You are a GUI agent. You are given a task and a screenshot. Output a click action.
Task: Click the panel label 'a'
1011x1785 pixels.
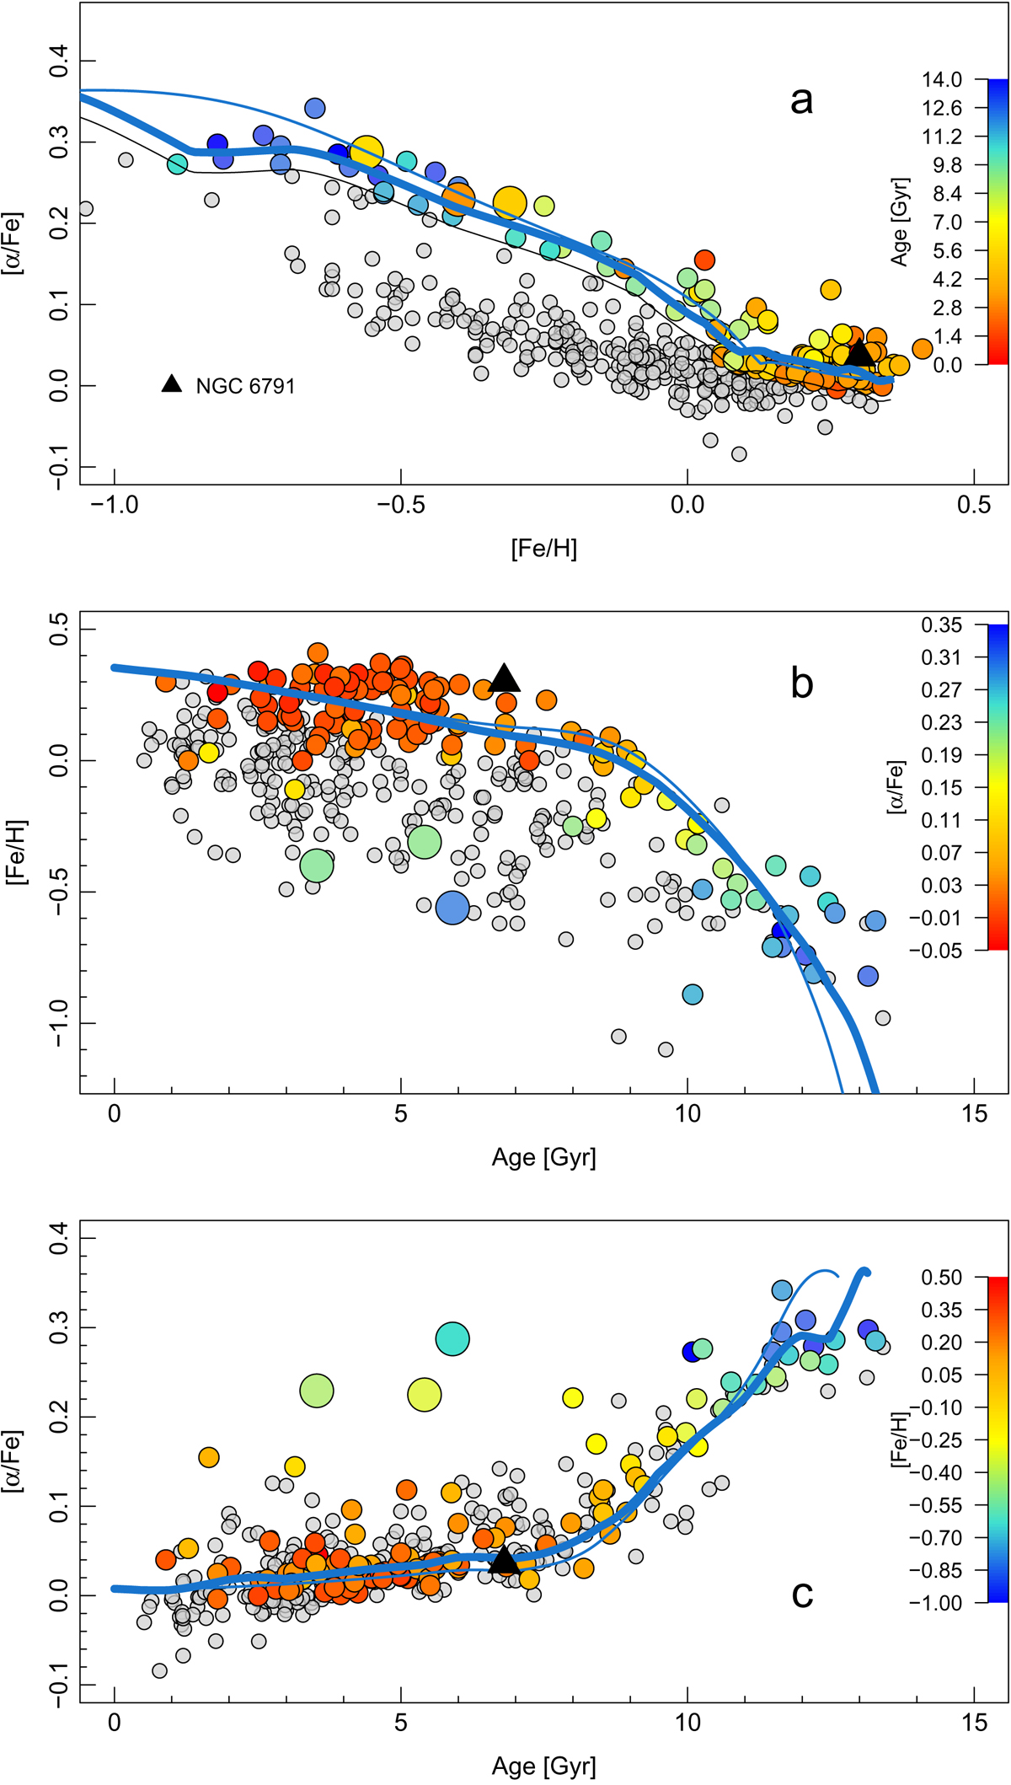tap(801, 100)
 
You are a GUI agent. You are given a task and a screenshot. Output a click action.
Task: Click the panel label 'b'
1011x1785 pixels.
tap(801, 683)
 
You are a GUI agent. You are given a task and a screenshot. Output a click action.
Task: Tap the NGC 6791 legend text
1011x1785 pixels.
tap(245, 387)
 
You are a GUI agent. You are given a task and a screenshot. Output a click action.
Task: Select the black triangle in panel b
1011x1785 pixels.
tap(504, 678)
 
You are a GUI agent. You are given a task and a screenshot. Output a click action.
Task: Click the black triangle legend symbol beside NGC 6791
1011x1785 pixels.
tap(172, 384)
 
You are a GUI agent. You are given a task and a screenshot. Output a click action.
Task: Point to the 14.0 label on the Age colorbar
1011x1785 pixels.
tap(941, 80)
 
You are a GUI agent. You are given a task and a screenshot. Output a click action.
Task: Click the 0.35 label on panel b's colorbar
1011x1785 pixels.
tap(941, 625)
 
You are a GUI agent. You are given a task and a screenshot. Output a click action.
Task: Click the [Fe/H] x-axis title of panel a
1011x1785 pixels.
tap(543, 549)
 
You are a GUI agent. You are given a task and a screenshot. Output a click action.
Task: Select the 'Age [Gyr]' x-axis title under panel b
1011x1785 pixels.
tap(543, 1157)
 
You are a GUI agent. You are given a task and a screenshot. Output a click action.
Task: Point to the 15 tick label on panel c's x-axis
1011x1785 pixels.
tap(974, 1723)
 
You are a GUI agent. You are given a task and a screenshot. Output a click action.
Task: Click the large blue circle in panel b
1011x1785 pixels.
tap(452, 907)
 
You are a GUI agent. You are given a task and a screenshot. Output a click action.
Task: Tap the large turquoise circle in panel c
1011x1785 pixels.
tap(452, 1338)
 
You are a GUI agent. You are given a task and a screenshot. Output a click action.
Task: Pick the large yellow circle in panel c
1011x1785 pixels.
tap(425, 1394)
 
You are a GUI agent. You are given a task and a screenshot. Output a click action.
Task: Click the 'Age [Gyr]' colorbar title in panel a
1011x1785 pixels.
tap(900, 222)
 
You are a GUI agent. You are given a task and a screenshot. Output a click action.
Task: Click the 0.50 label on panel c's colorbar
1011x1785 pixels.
tap(941, 1278)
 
